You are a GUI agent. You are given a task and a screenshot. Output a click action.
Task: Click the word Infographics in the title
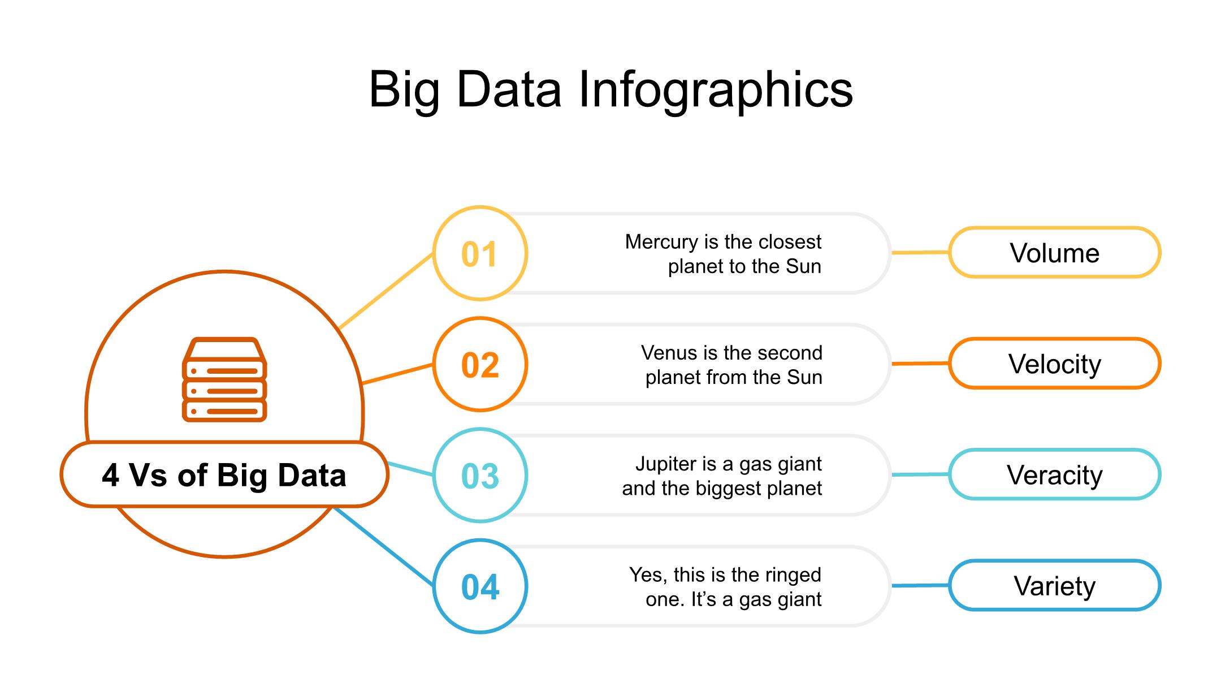click(716, 90)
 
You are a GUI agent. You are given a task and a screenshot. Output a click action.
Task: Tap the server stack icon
click(224, 380)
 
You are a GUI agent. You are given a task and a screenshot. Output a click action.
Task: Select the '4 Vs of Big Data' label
click(224, 475)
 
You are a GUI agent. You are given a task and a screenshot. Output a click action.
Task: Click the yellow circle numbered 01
click(480, 253)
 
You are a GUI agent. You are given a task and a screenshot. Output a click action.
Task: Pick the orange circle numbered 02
click(480, 364)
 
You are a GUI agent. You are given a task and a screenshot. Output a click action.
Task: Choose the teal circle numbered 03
click(480, 475)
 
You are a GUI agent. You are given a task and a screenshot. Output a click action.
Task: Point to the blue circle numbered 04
click(480, 586)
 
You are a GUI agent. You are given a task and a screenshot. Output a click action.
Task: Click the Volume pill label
click(1054, 253)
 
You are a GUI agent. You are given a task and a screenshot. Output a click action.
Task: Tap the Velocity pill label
click(1054, 364)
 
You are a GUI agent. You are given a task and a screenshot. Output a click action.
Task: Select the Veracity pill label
click(1054, 475)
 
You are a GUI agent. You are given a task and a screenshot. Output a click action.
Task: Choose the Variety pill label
click(1054, 586)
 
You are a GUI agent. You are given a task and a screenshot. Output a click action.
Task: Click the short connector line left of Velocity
click(920, 364)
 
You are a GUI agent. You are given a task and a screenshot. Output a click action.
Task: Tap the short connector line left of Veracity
click(920, 475)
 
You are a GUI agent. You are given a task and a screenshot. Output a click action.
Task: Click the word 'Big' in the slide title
click(404, 90)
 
